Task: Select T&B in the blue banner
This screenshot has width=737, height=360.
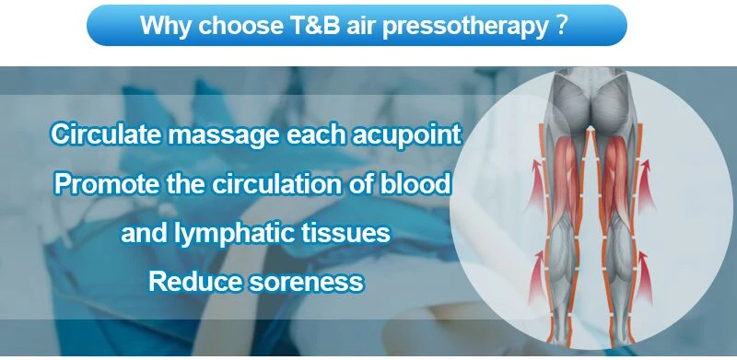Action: point(312,25)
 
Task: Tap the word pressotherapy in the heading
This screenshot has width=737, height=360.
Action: point(464,27)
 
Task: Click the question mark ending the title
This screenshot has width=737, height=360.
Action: point(560,25)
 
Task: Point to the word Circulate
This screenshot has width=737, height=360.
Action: point(107,134)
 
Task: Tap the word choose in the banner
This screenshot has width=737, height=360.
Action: point(240,26)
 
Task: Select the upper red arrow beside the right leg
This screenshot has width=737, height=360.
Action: point(647,186)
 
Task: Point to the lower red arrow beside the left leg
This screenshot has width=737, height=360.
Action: point(536,277)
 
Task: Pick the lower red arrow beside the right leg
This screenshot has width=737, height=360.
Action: point(643,277)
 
